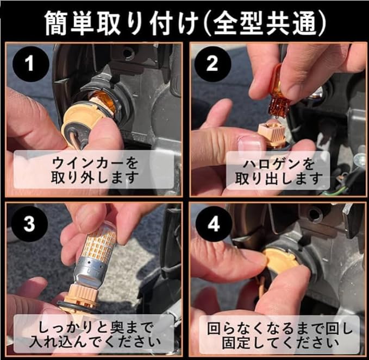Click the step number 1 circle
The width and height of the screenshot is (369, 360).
click(x=30, y=64)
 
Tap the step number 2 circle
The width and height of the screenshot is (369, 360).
click(x=212, y=64)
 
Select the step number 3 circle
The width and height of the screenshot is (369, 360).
click(x=29, y=224)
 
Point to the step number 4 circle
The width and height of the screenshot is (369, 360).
click(x=214, y=225)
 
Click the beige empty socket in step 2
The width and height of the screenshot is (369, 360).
click(x=271, y=135)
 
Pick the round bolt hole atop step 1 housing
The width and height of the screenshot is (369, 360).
click(x=127, y=53)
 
